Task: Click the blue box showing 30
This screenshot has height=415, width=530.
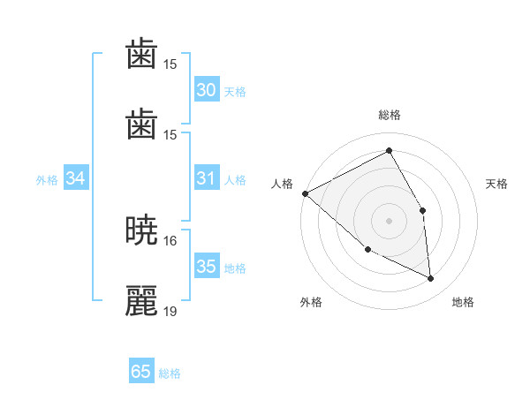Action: (207, 90)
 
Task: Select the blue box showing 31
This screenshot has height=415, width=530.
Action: (207, 178)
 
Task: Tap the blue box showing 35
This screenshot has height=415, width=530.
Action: (207, 267)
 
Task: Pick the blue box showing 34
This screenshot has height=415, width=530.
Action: (76, 178)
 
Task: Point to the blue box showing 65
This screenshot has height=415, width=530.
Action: (141, 372)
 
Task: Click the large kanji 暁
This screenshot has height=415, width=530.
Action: (142, 230)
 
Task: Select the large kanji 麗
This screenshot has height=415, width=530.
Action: (142, 301)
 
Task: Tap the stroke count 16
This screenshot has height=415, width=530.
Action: (170, 240)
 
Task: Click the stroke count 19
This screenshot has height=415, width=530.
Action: (170, 311)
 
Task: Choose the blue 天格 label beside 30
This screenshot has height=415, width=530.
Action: (235, 92)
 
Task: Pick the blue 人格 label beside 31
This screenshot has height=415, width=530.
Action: (235, 180)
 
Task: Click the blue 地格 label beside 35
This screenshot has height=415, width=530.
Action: (235, 268)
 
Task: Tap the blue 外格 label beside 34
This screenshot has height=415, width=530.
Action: (47, 180)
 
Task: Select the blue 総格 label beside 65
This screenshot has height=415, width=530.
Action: (170, 373)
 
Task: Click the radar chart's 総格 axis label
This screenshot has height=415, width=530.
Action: (390, 115)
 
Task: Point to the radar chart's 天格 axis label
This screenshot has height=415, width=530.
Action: (497, 184)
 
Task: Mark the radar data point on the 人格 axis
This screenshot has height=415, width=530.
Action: (305, 193)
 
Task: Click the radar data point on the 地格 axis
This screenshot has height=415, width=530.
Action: (431, 279)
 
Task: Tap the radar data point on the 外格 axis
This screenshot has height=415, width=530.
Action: (368, 249)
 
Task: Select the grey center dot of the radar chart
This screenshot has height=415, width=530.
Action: (389, 220)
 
